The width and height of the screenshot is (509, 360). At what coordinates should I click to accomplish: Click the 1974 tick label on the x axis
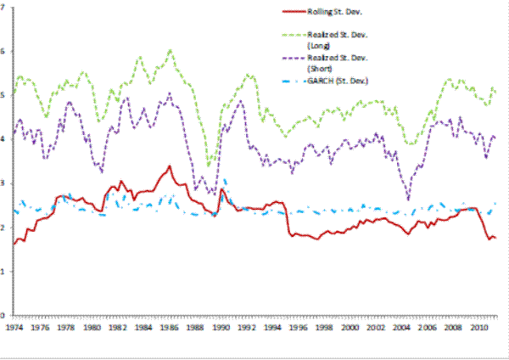click(14, 325)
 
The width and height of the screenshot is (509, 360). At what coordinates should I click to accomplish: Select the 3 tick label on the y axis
click(3, 183)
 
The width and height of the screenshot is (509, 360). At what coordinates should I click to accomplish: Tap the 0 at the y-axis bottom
click(3, 315)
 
